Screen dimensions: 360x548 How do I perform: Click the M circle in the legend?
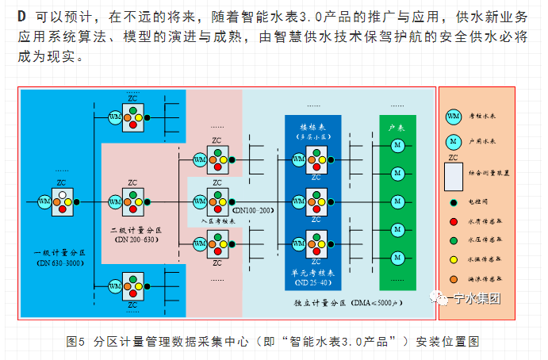coord(454,141)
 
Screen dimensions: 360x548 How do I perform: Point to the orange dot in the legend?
coord(453,278)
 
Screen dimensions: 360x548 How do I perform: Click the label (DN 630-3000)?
coord(60,262)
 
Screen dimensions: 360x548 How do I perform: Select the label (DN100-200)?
coord(252,211)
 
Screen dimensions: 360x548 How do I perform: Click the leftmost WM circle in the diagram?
coord(44,203)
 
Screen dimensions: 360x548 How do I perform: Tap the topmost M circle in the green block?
coord(397,146)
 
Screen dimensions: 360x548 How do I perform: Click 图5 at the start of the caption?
coord(75,341)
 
